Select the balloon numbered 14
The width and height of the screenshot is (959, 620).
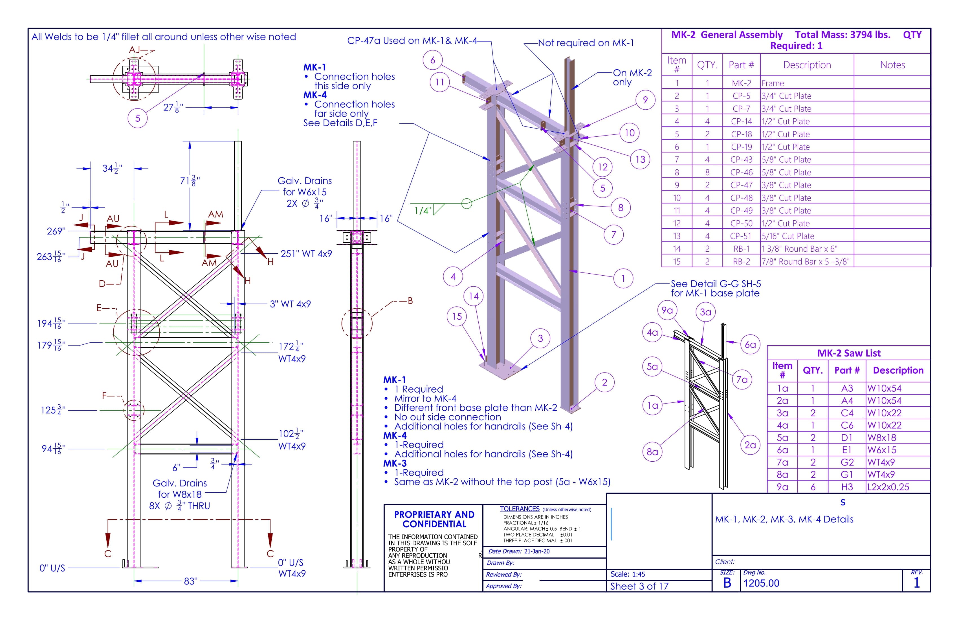coord(474,296)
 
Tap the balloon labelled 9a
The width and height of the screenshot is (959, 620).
coord(667,310)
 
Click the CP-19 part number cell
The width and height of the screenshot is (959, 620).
coord(742,147)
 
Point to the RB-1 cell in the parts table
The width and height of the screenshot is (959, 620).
coord(742,249)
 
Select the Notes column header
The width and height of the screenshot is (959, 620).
coord(892,65)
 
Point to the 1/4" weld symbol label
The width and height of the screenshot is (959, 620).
coord(423,211)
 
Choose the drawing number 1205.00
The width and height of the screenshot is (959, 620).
coord(761,583)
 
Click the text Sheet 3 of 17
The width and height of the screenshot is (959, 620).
coord(639,586)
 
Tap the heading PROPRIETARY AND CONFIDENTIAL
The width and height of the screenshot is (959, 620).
coord(434,519)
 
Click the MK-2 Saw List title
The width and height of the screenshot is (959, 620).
coord(849,353)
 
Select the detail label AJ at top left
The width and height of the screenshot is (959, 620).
coord(134,50)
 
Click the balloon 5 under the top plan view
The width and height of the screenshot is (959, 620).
coord(137,118)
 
